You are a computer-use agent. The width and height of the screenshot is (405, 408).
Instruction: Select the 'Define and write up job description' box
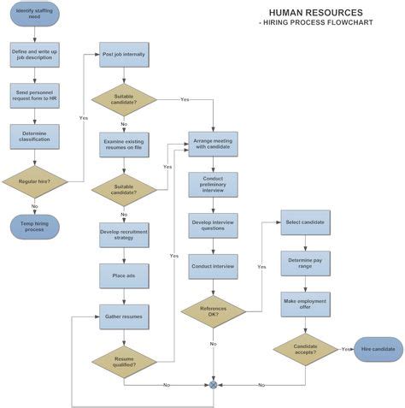[x=34, y=55]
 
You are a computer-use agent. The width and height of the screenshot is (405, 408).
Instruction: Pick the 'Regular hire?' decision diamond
[x=34, y=180]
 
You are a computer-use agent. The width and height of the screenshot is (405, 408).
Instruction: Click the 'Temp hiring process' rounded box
[x=34, y=226]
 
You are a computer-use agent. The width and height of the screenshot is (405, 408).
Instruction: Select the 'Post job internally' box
[x=124, y=55]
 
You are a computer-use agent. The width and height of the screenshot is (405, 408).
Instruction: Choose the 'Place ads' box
[x=124, y=275]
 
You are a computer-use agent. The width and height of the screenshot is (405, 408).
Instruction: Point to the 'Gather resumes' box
[x=124, y=316]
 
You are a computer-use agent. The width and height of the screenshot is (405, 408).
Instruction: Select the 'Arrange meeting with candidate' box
[x=213, y=143]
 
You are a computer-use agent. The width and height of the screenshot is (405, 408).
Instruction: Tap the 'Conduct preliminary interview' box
[x=213, y=184]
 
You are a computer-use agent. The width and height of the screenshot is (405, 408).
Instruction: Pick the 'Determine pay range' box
[x=305, y=262]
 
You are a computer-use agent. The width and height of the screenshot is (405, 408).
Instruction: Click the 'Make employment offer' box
[x=305, y=303]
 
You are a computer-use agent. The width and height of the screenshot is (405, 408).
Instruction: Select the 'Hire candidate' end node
[x=378, y=349]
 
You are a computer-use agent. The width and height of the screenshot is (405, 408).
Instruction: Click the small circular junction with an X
[x=213, y=385]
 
